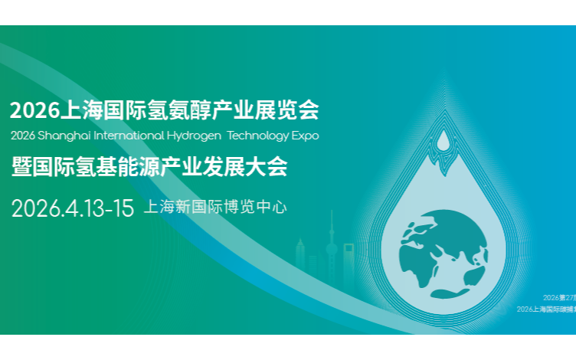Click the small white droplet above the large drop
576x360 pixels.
tap(443, 141)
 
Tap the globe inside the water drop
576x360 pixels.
tap(443, 242)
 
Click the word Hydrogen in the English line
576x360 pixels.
tap(195, 136)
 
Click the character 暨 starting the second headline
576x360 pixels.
tap(21, 166)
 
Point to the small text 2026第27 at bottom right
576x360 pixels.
tap(559, 296)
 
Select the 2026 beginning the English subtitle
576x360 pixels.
tap(23, 136)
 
